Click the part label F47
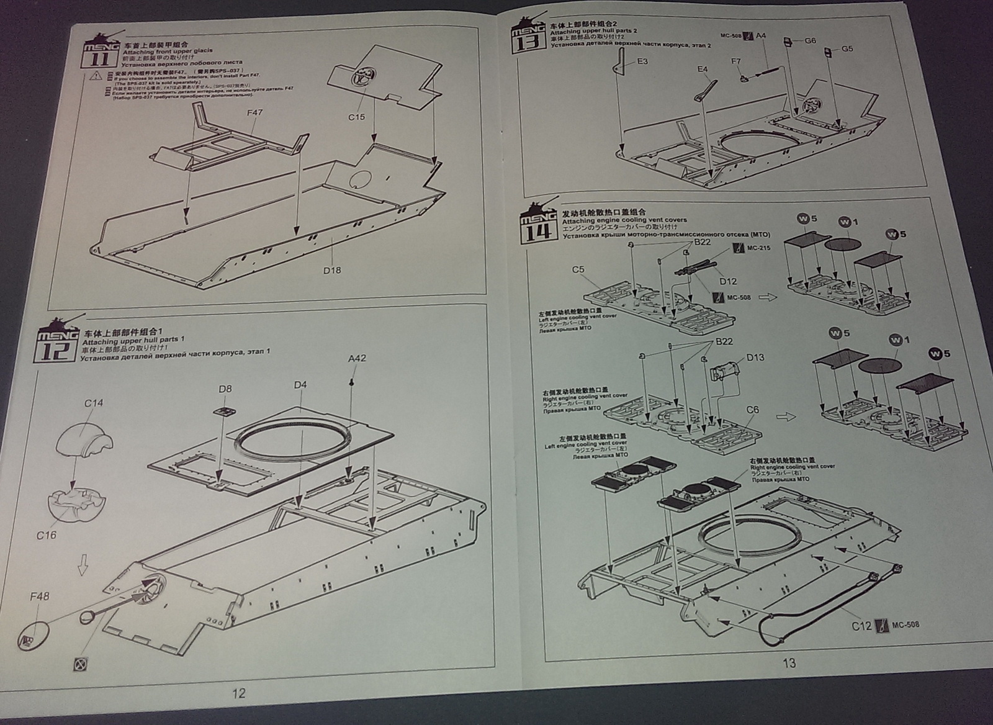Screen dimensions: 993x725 click(x=254, y=113)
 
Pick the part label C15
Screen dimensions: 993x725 click(x=356, y=117)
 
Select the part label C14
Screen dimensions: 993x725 click(x=94, y=403)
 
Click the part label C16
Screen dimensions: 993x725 click(x=46, y=534)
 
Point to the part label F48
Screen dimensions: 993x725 click(x=39, y=597)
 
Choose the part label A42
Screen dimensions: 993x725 click(x=356, y=359)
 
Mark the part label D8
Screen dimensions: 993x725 click(x=225, y=389)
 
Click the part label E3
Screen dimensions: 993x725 click(x=642, y=61)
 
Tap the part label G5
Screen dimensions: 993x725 click(x=847, y=49)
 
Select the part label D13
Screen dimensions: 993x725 click(x=755, y=358)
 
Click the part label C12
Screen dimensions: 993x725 click(x=861, y=626)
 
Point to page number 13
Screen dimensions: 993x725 click(x=789, y=664)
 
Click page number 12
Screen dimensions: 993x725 click(x=238, y=693)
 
